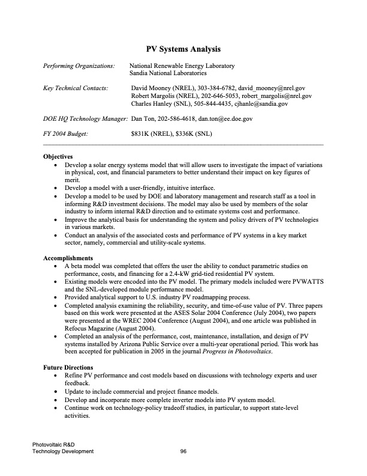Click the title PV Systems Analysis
[x=183, y=48]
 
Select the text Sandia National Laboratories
[x=169, y=73]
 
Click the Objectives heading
[x=58, y=156]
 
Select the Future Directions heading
[x=68, y=367]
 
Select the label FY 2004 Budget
[x=65, y=134]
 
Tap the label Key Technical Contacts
[x=76, y=88]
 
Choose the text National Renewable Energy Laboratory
[x=182, y=65]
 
